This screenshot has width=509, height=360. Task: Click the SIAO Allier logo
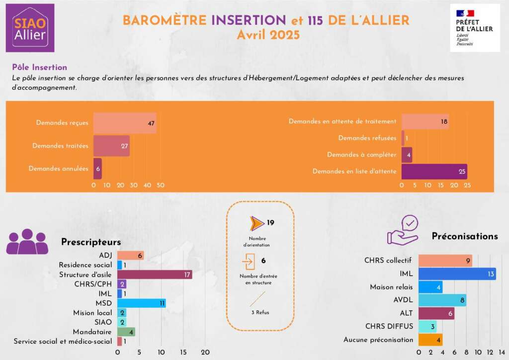click(30, 28)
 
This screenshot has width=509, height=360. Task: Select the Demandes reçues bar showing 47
click(125, 123)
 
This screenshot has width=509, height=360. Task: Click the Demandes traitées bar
click(111, 146)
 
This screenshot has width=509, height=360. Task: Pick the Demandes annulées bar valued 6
click(97, 169)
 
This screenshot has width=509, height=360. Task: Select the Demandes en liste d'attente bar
click(434, 172)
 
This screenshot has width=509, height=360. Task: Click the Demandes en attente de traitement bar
click(425, 121)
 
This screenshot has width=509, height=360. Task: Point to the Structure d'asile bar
click(155, 274)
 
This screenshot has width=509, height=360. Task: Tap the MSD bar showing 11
click(141, 303)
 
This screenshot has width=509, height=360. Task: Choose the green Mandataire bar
click(126, 332)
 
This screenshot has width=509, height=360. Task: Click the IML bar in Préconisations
click(457, 273)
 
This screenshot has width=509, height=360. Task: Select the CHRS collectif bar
click(445, 260)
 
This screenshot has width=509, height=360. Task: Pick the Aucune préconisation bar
click(430, 340)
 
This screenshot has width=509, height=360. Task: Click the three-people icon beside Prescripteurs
click(27, 243)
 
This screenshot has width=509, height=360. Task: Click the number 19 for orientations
click(270, 223)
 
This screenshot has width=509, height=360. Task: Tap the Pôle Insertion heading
click(39, 67)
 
